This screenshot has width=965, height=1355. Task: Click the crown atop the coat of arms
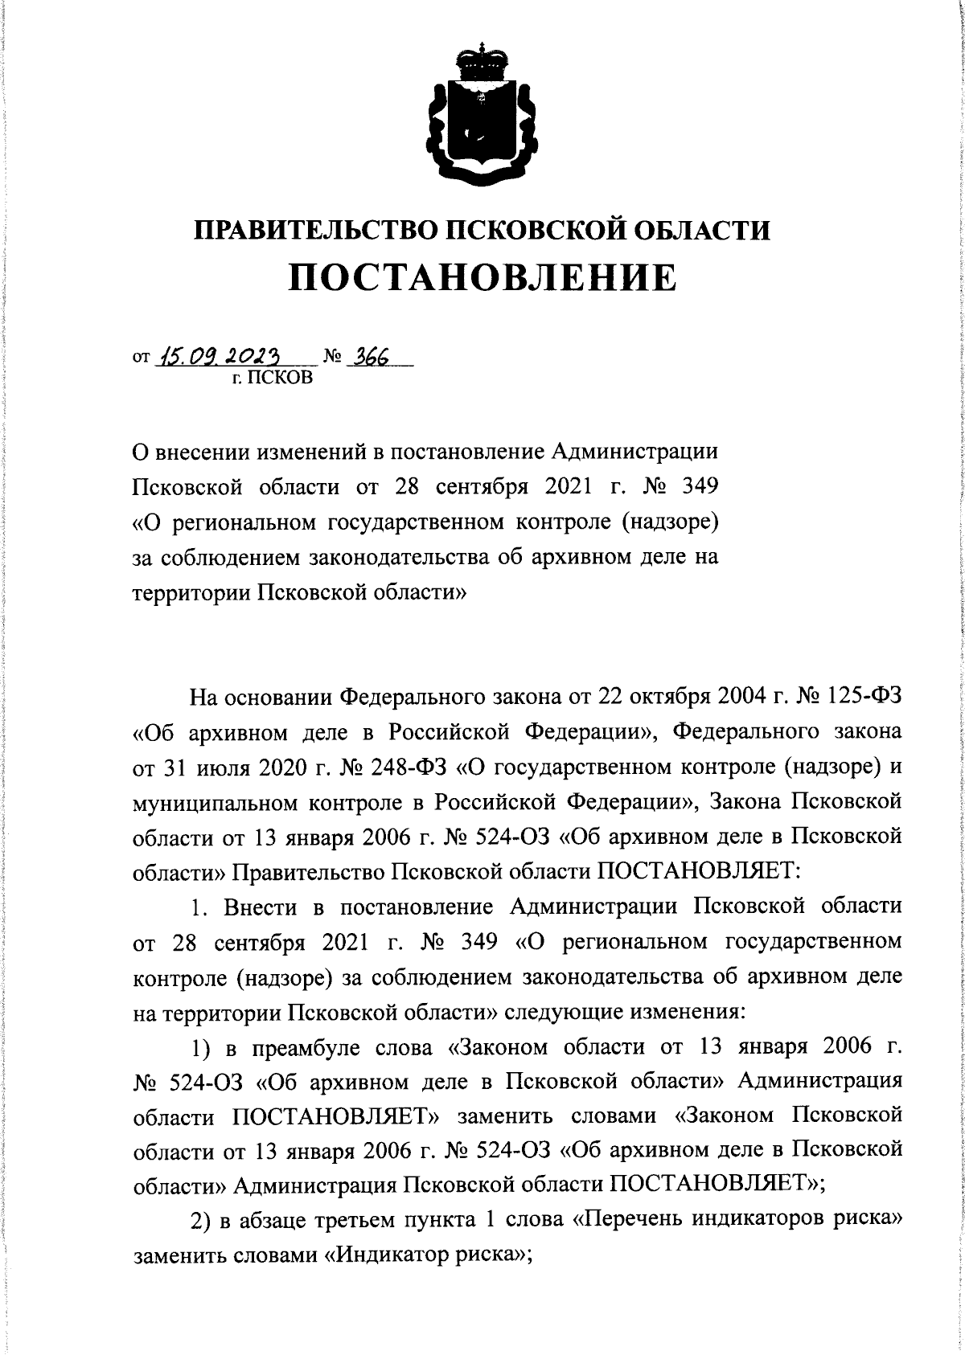pos(482,59)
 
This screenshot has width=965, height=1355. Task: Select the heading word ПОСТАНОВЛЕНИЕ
pos(482,279)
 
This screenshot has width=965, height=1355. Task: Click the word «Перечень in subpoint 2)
pos(633,1220)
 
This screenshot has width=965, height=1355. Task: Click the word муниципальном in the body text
pos(224,801)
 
